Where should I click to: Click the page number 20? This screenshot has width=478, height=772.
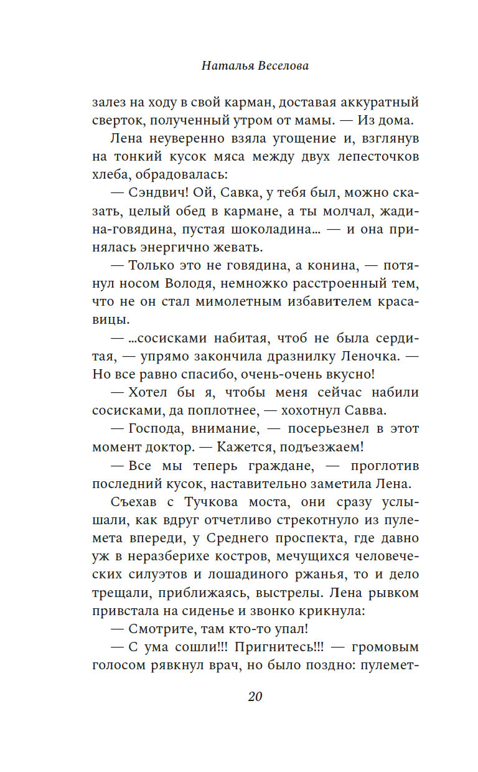(255, 696)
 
